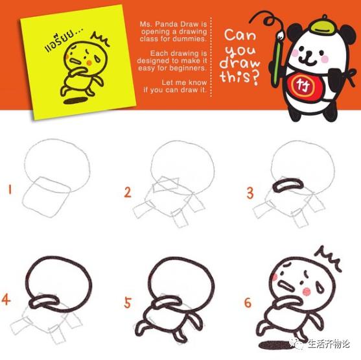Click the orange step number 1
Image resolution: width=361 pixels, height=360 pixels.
pos(10,189)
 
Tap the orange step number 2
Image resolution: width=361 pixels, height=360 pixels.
pos(128,192)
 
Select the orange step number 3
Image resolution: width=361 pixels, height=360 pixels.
pos(250,193)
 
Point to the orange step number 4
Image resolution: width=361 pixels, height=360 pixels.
pos(6,300)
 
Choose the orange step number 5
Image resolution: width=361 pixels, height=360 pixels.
pos(128,302)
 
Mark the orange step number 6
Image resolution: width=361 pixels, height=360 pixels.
pos(248,303)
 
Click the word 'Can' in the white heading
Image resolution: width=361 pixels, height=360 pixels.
pos(240,35)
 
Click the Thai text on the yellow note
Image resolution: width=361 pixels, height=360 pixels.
pos(64,40)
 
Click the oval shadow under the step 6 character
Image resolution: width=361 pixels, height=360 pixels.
pos(272,345)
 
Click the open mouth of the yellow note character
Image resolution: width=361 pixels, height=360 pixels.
pos(75,62)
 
